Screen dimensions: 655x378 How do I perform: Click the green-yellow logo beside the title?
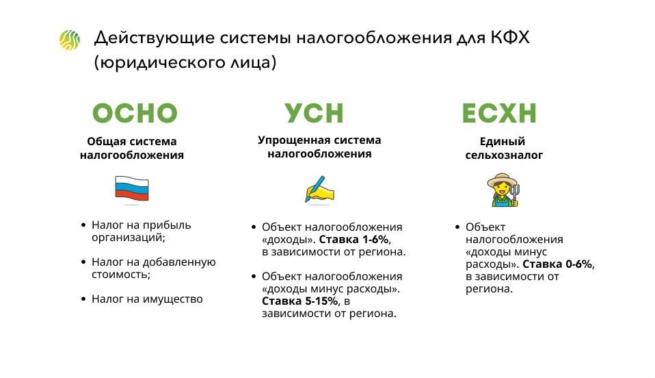pyautogui.click(x=69, y=40)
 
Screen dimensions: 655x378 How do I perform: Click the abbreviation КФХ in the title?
pyautogui.click(x=509, y=38)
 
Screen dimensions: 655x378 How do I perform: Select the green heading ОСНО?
pyautogui.click(x=135, y=113)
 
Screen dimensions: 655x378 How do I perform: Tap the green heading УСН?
pyautogui.click(x=314, y=113)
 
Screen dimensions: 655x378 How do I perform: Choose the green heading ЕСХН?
pyautogui.click(x=499, y=113)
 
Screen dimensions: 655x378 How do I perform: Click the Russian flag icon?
pyautogui.click(x=131, y=189)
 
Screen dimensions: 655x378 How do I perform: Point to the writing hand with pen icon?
pyautogui.click(x=319, y=190)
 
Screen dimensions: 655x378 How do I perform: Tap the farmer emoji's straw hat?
pyautogui.click(x=502, y=180)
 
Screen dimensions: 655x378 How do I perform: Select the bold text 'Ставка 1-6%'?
pyautogui.click(x=354, y=240)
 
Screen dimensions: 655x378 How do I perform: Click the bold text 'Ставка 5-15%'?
pyautogui.click(x=300, y=301)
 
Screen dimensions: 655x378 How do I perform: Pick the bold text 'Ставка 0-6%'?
pyautogui.click(x=557, y=264)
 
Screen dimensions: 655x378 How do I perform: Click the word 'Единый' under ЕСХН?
pyautogui.click(x=502, y=142)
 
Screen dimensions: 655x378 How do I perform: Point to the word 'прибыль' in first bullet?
pyautogui.click(x=167, y=225)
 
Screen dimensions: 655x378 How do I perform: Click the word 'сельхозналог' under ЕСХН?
pyautogui.click(x=504, y=155)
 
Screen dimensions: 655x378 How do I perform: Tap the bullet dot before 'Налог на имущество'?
pyautogui.click(x=83, y=299)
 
